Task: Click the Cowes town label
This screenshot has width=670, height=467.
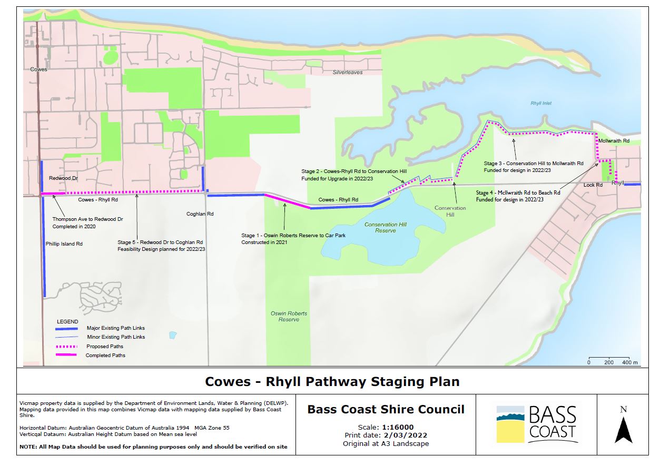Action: point(38,69)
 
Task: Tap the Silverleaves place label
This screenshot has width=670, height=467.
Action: point(348,72)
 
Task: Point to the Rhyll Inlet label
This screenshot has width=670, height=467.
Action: point(541,103)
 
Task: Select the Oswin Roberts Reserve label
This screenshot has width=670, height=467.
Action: point(289,316)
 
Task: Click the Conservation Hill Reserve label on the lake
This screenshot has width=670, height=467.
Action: point(386,228)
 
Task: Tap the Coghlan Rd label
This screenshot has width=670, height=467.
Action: point(200,214)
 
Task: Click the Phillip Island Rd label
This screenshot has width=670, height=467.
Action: point(64,244)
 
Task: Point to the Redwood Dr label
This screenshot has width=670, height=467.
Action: point(63,179)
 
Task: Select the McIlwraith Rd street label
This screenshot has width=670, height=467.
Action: point(614,141)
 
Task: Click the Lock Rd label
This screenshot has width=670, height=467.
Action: point(593,185)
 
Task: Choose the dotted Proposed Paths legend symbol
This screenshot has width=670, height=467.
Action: point(67,346)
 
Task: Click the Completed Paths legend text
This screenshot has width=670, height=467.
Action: point(105,356)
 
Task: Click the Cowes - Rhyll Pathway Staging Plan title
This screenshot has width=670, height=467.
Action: point(332,381)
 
